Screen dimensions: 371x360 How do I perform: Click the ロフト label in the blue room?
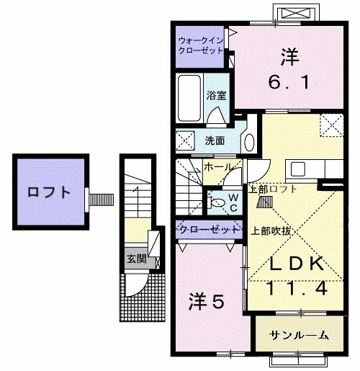tap(49, 192)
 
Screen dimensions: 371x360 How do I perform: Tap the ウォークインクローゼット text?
tap(201, 45)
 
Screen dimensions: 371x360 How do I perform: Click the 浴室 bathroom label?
tap(215, 94)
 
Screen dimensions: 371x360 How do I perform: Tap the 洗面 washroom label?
tap(214, 140)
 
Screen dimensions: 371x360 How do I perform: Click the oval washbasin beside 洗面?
tap(248, 139)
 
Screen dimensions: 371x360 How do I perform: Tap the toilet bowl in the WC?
tap(217, 203)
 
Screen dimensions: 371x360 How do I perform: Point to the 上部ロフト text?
tap(271, 189)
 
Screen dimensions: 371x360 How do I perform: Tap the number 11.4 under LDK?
tap(292, 289)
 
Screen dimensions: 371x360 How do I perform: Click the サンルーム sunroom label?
tap(300, 335)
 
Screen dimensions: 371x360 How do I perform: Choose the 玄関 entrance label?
tap(135, 258)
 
